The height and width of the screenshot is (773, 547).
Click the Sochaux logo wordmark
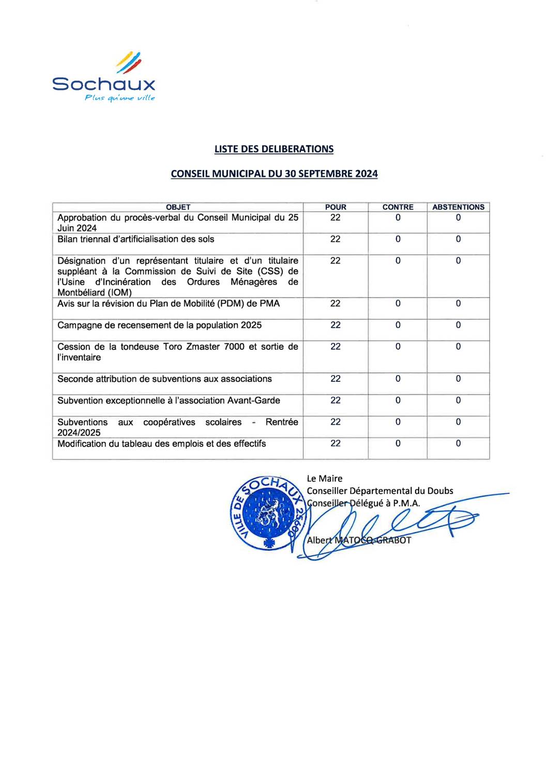click(103, 84)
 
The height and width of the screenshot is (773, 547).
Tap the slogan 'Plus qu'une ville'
click(119, 98)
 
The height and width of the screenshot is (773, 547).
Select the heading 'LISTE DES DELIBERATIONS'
click(273, 149)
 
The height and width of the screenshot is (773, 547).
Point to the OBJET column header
click(178, 207)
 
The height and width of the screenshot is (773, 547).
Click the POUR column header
click(336, 207)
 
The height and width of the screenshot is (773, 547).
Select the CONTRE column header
click(398, 207)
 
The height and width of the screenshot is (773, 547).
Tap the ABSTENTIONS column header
click(458, 207)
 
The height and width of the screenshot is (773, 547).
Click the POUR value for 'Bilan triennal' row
click(336, 239)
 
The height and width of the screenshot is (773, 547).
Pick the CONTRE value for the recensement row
click(398, 325)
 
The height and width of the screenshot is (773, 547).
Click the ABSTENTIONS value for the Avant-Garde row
click(458, 400)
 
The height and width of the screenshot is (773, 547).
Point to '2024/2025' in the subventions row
click(79, 433)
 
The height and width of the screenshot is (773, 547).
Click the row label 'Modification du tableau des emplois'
click(161, 444)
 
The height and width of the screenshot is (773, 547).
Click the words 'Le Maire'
click(324, 479)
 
